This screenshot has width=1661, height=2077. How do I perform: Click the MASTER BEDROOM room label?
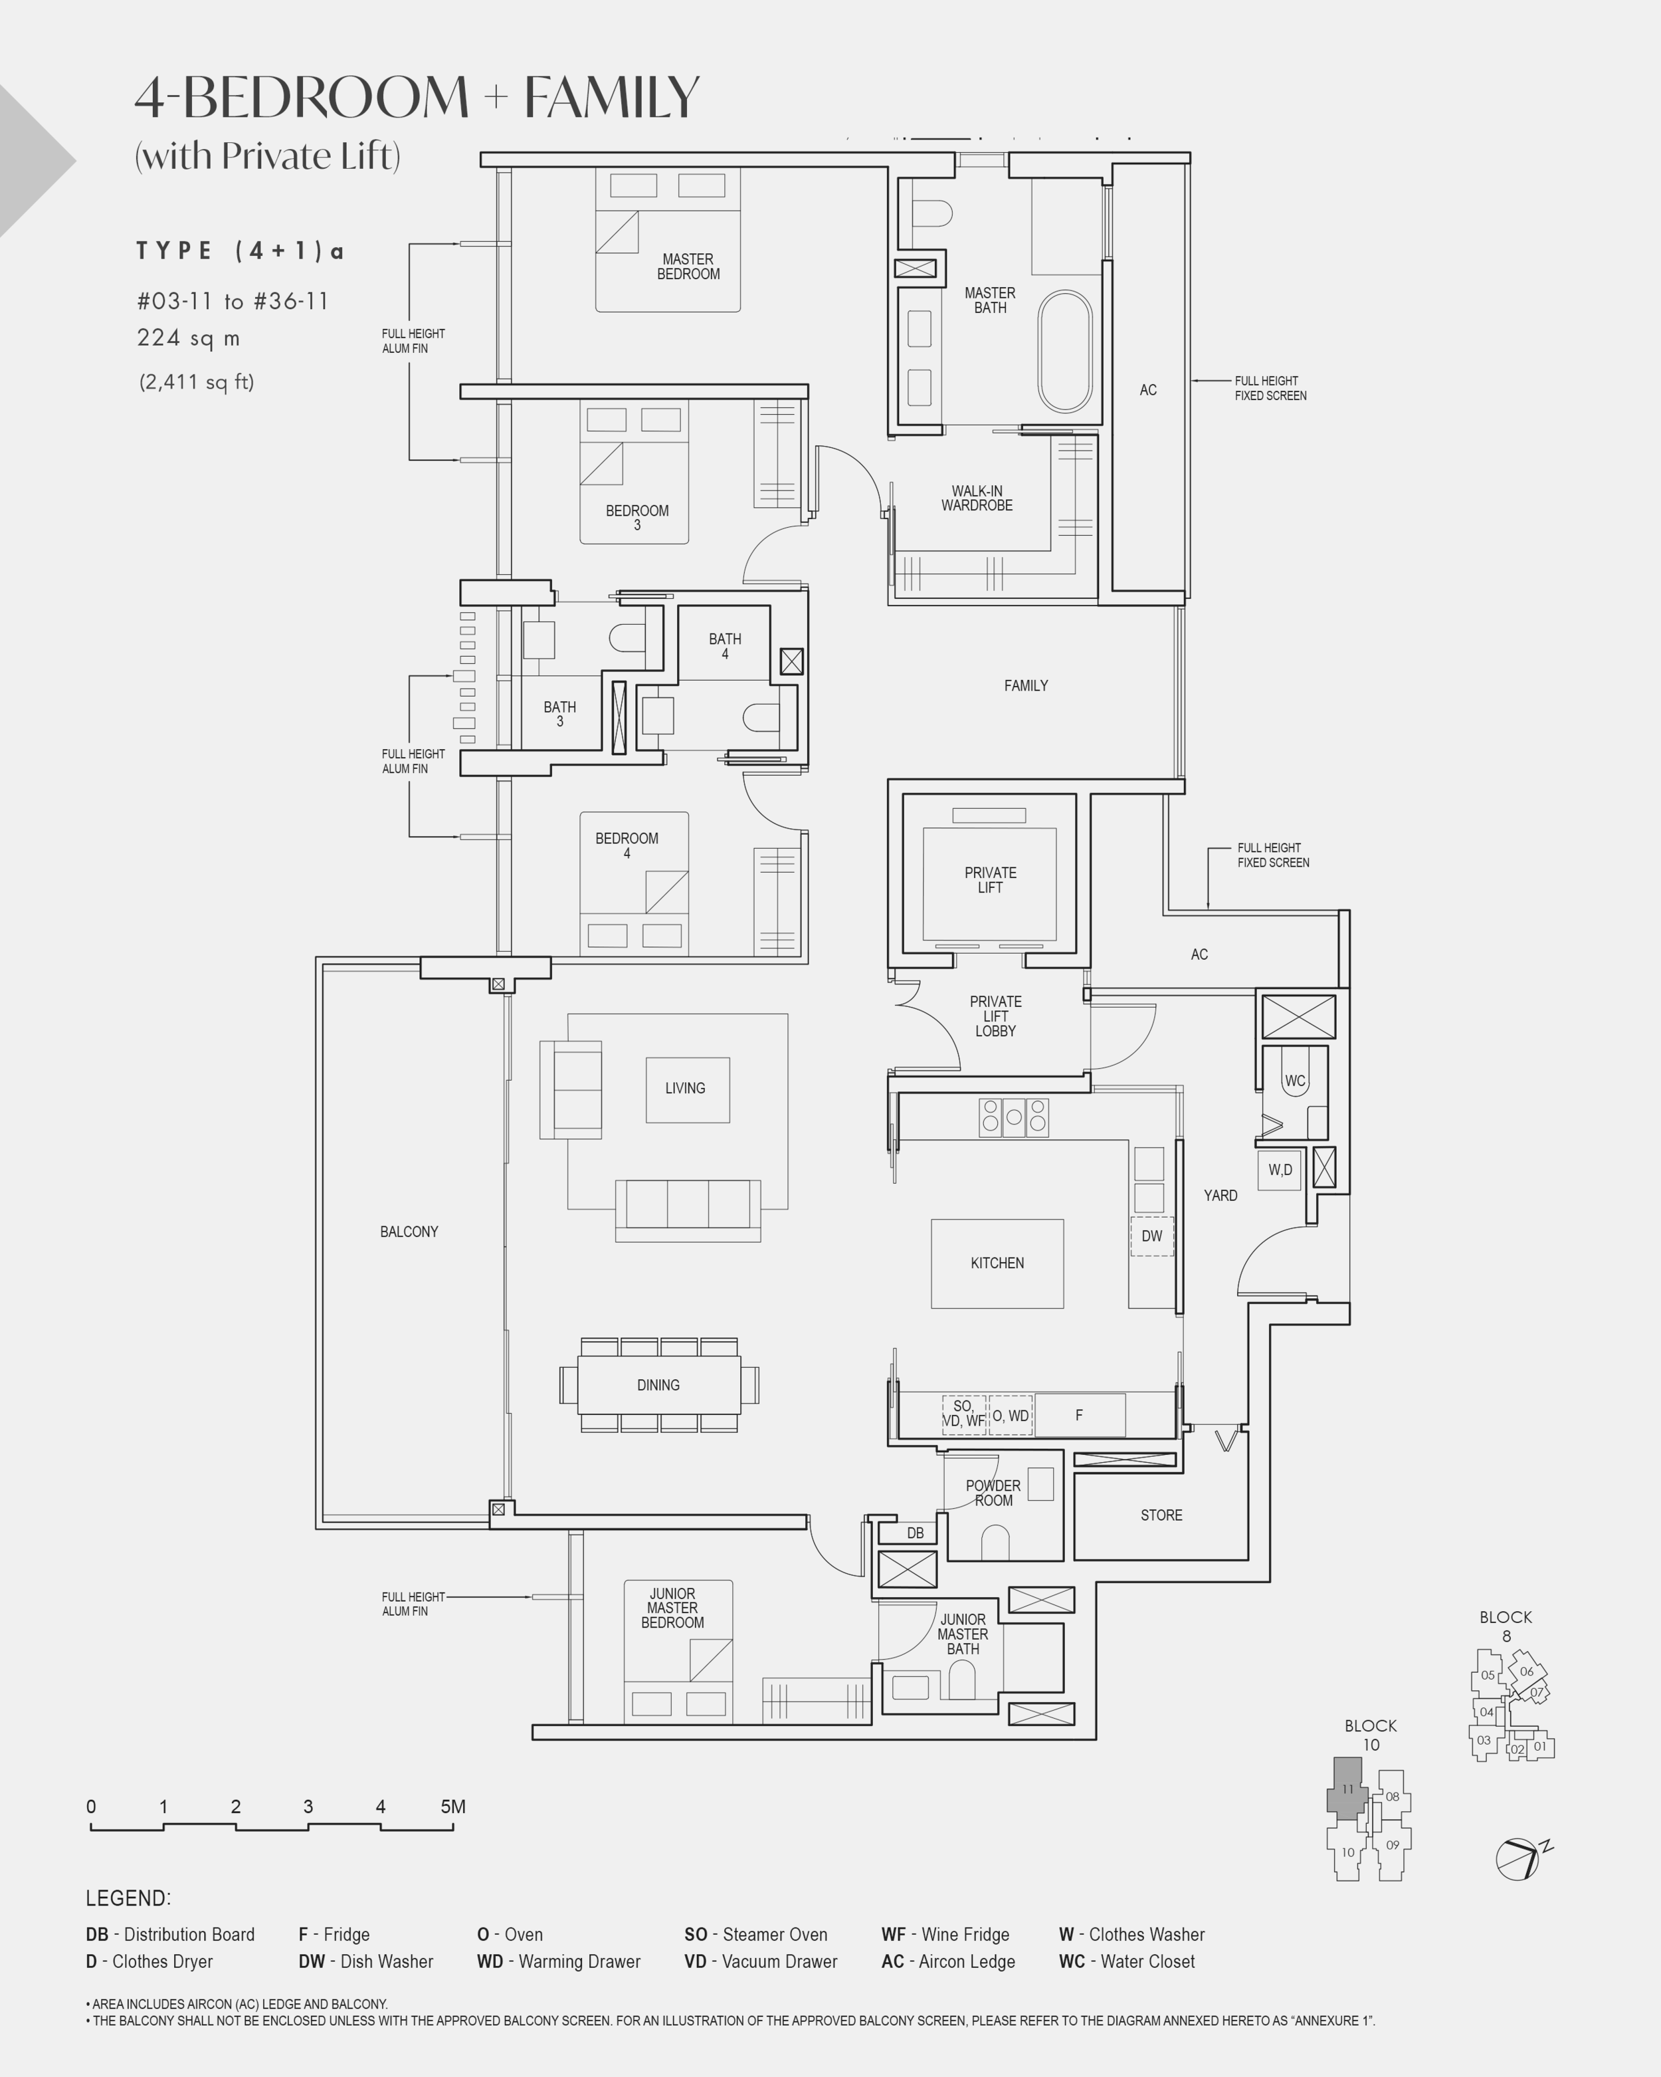click(x=688, y=267)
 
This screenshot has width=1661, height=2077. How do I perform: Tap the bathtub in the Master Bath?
click(x=1064, y=352)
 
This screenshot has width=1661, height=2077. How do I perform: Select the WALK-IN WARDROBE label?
click(x=977, y=498)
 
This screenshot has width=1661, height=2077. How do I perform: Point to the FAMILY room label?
click(x=1025, y=686)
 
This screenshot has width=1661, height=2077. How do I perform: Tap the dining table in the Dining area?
click(x=658, y=1384)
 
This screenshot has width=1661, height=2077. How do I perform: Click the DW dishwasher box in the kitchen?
click(x=1151, y=1236)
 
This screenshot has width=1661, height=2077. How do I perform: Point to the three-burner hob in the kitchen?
click(x=1014, y=1117)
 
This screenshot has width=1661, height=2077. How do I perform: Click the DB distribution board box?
click(x=915, y=1533)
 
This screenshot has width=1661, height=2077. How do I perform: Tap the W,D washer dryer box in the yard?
click(x=1280, y=1170)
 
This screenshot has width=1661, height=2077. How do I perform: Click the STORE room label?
click(x=1161, y=1515)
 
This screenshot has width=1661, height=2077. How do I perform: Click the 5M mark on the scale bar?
click(x=452, y=1807)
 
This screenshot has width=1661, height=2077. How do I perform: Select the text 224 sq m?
click(x=189, y=338)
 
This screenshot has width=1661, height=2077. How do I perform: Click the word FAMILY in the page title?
click(x=611, y=97)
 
